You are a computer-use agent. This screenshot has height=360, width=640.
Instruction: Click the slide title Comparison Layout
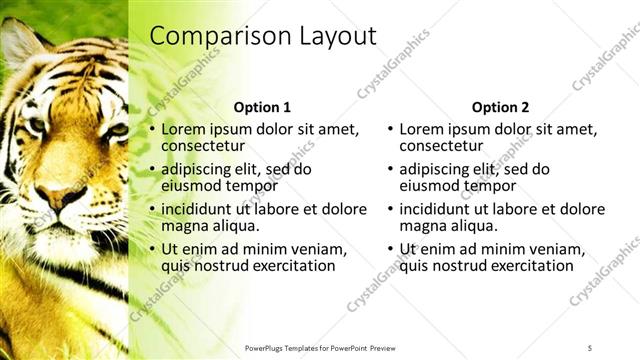tap(263, 36)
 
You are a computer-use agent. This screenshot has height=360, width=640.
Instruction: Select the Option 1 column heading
tap(262, 107)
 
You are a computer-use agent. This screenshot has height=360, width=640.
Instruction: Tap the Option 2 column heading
tap(500, 107)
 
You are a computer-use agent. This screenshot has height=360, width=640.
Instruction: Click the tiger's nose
tap(62, 195)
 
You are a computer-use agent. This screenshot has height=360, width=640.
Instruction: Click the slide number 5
tap(590, 347)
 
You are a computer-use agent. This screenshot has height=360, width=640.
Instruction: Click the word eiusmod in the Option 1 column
tap(192, 185)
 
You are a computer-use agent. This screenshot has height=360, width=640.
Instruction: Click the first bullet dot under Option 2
tap(390, 130)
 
